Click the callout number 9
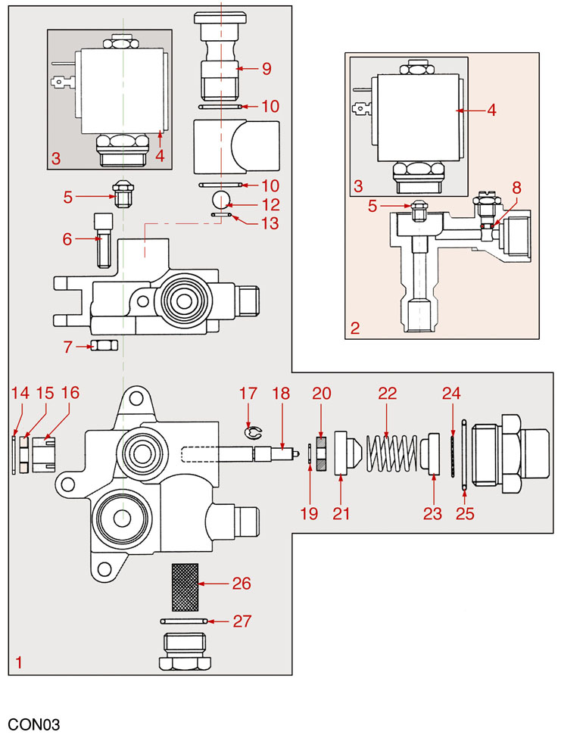pyautogui.click(x=266, y=69)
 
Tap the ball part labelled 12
pyautogui.click(x=221, y=199)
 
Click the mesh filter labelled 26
pyautogui.click(x=185, y=586)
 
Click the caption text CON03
pyautogui.click(x=34, y=724)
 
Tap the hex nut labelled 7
pyautogui.click(x=102, y=346)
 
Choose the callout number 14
pyautogui.click(x=19, y=393)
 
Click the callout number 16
pyautogui.click(x=70, y=393)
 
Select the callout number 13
pyautogui.click(x=269, y=223)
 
